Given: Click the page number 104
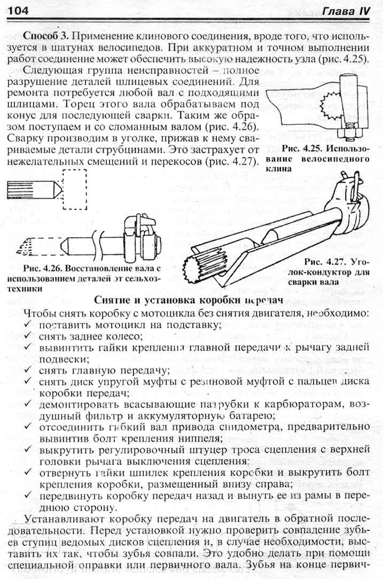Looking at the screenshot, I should (x=18, y=10).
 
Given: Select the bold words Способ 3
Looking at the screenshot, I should (x=46, y=36).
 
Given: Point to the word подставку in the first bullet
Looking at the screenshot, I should (x=192, y=325).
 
